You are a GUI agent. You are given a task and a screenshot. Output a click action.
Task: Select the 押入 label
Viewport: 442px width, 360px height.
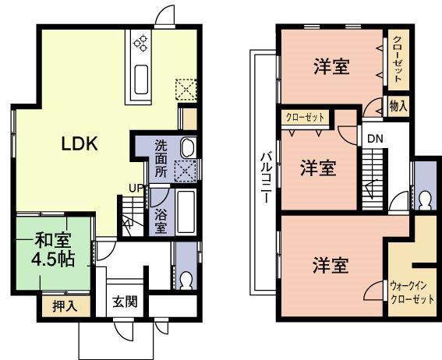click(65, 306)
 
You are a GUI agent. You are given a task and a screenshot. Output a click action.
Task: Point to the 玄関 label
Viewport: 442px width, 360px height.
click(125, 301)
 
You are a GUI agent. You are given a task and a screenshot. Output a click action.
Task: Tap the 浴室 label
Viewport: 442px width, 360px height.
click(160, 221)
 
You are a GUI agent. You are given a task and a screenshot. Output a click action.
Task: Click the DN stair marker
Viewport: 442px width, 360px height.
click(376, 139)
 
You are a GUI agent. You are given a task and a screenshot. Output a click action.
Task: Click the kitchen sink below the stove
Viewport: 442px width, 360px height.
click(142, 79)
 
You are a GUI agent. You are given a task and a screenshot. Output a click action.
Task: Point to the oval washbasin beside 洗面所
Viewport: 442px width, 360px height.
click(188, 147)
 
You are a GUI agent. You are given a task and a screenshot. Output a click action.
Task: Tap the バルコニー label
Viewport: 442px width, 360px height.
click(265, 175)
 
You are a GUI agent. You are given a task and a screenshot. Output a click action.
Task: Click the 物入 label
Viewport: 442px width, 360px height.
click(398, 107)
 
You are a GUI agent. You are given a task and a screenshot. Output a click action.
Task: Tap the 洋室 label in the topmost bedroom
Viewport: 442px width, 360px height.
click(331, 67)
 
